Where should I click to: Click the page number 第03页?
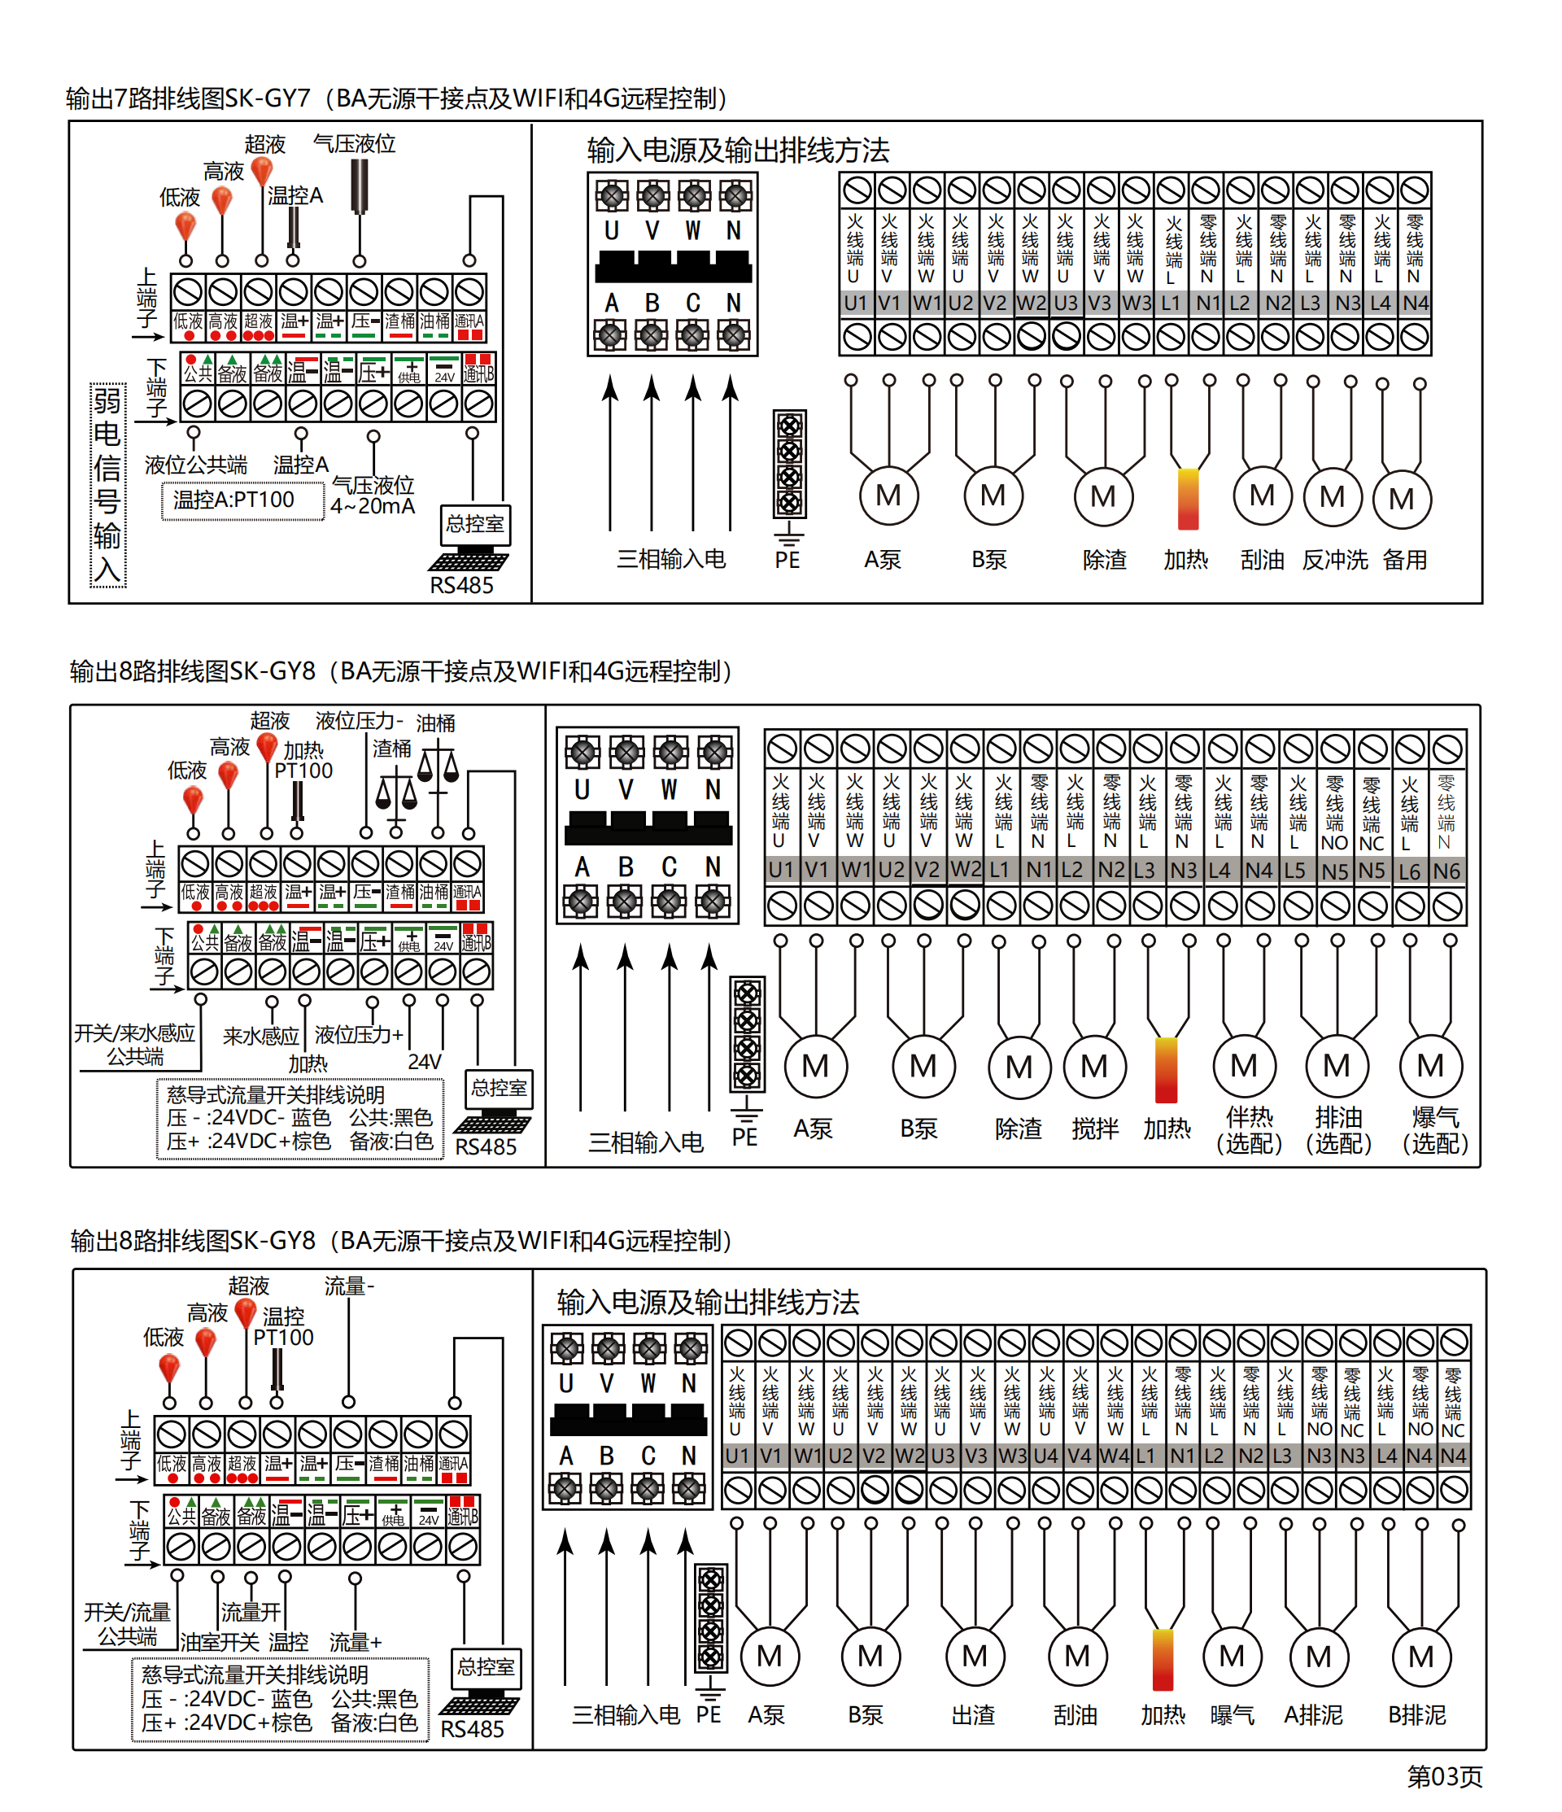[1444, 1776]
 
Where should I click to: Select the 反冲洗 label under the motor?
[1333, 560]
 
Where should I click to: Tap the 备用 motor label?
[1404, 560]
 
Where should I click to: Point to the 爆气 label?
[1434, 1118]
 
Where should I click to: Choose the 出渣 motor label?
[974, 1715]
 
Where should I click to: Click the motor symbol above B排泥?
[1420, 1657]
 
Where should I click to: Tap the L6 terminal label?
[1409, 871]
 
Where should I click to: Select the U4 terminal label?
[1045, 1456]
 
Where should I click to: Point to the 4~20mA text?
[373, 506]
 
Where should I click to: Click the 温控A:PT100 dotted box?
[242, 500]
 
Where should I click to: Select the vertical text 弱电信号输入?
[107, 486]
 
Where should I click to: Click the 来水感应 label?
[260, 1037]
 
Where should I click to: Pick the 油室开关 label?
[220, 1642]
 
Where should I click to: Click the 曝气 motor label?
[1232, 1715]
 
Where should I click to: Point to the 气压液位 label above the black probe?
[354, 143]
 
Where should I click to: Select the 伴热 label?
[1249, 1118]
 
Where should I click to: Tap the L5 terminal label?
[1294, 871]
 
